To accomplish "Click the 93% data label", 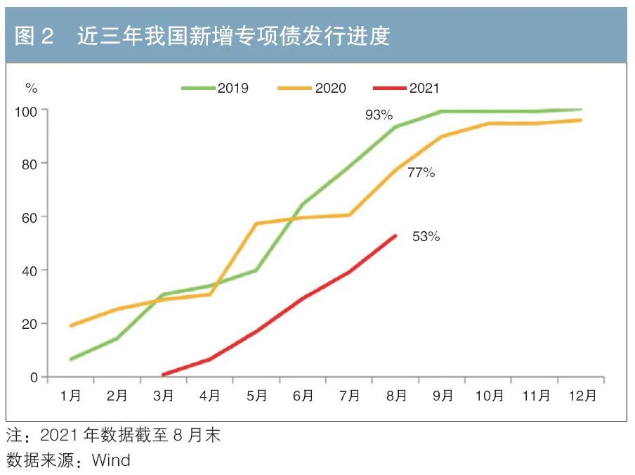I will pyautogui.click(x=379, y=115).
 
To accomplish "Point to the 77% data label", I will pyautogui.click(x=421, y=172).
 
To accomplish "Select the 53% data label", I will pyautogui.click(x=426, y=237).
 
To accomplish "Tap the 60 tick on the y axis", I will pyautogui.click(x=31, y=217).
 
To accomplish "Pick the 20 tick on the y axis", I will pyautogui.click(x=31, y=324).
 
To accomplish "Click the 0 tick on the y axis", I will pyautogui.click(x=34, y=377).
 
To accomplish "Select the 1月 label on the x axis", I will pyautogui.click(x=70, y=396).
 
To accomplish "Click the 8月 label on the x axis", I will pyautogui.click(x=396, y=396).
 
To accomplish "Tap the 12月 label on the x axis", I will pyautogui.click(x=582, y=396).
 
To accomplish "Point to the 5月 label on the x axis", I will pyautogui.click(x=256, y=396).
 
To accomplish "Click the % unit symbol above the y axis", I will pyautogui.click(x=31, y=88).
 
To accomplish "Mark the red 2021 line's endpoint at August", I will pyautogui.click(x=396, y=235).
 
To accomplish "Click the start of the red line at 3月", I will pyautogui.click(x=164, y=375).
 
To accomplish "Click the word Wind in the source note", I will pyautogui.click(x=111, y=460).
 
